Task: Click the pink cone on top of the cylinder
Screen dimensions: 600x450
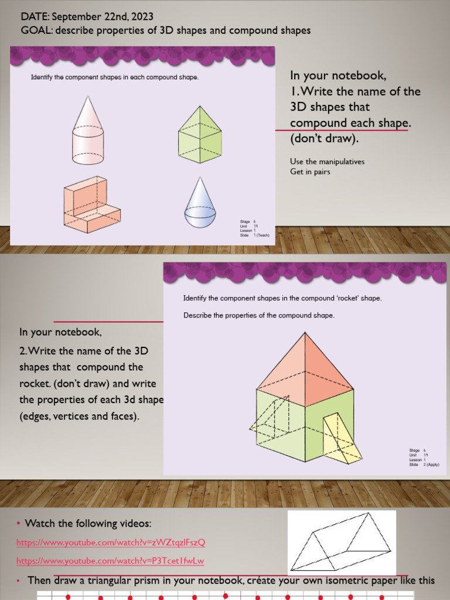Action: tap(88, 114)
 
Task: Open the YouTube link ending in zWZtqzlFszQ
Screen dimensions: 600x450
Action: tap(111, 542)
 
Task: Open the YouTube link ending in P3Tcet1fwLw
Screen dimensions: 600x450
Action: tap(110, 561)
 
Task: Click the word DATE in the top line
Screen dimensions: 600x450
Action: tap(34, 18)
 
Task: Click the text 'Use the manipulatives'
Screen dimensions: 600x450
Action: tap(327, 161)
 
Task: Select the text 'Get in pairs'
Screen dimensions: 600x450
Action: tap(310, 172)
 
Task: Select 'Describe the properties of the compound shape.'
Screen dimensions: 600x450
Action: tap(258, 315)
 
